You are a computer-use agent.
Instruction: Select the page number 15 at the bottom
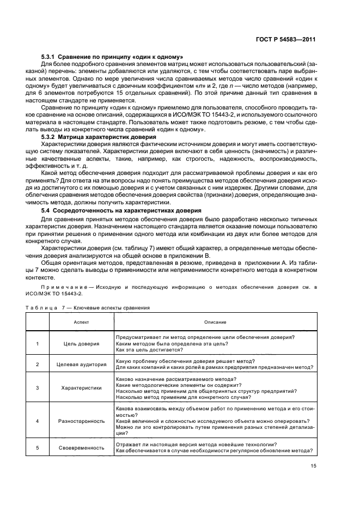click(313, 466)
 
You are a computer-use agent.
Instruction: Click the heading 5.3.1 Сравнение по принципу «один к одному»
click(112, 57)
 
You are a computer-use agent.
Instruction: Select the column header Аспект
click(82, 323)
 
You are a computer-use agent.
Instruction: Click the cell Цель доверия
click(82, 344)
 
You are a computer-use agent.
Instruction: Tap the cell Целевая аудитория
click(82, 365)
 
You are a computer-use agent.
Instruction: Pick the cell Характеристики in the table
click(82, 388)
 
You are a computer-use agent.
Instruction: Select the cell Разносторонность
click(82, 421)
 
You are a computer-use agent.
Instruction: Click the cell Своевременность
click(82, 447)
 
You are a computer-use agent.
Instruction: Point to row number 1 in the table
click(38, 344)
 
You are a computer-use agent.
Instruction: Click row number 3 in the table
click(38, 388)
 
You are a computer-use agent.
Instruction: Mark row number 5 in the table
click(38, 447)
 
